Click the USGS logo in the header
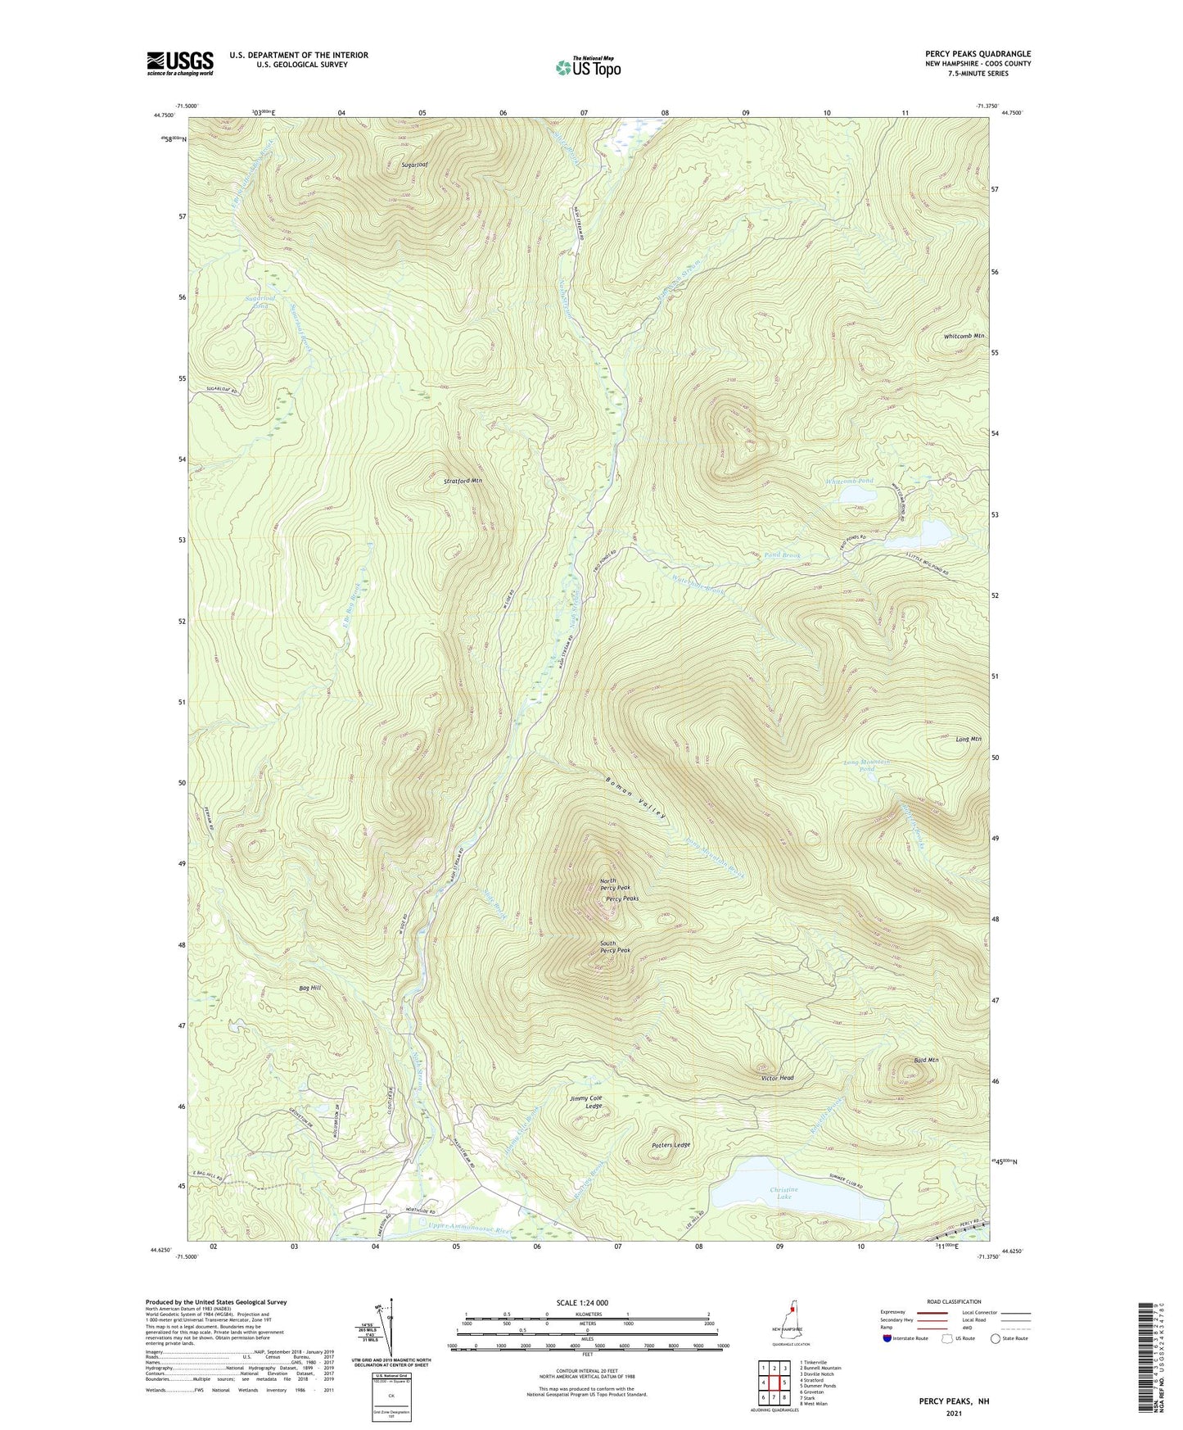click(x=179, y=63)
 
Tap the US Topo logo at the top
click(x=588, y=67)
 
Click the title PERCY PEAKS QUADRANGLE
click(x=978, y=54)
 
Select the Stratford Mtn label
click(x=463, y=481)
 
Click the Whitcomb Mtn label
click(x=964, y=337)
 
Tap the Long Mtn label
click(x=968, y=739)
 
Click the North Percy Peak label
click(x=615, y=885)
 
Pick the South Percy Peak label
click(x=615, y=947)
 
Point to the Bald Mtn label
click(x=925, y=1060)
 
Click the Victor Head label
click(x=777, y=1078)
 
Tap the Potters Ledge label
click(x=671, y=1145)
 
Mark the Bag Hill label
click(x=310, y=989)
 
